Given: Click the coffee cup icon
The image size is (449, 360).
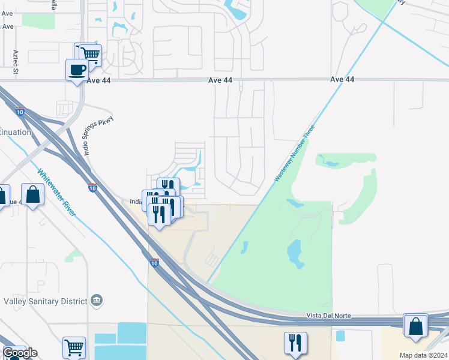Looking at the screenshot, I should [77, 70].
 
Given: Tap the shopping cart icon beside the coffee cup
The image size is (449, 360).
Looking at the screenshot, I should [91, 55].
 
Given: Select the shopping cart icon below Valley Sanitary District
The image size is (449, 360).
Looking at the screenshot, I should [74, 347].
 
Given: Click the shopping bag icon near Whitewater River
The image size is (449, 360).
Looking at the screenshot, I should [32, 194].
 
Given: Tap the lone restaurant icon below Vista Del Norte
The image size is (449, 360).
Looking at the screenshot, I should [295, 343].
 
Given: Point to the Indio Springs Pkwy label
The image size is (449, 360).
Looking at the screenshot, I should [98, 135].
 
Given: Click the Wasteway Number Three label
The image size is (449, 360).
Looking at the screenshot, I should [294, 154].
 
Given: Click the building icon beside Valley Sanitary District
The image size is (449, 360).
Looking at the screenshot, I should [96, 300].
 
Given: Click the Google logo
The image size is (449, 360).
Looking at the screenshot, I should [19, 353].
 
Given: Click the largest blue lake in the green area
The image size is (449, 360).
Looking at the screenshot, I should [294, 253].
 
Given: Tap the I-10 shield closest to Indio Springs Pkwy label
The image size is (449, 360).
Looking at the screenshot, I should [92, 188].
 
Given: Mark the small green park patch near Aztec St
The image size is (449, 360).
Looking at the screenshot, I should [35, 19].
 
